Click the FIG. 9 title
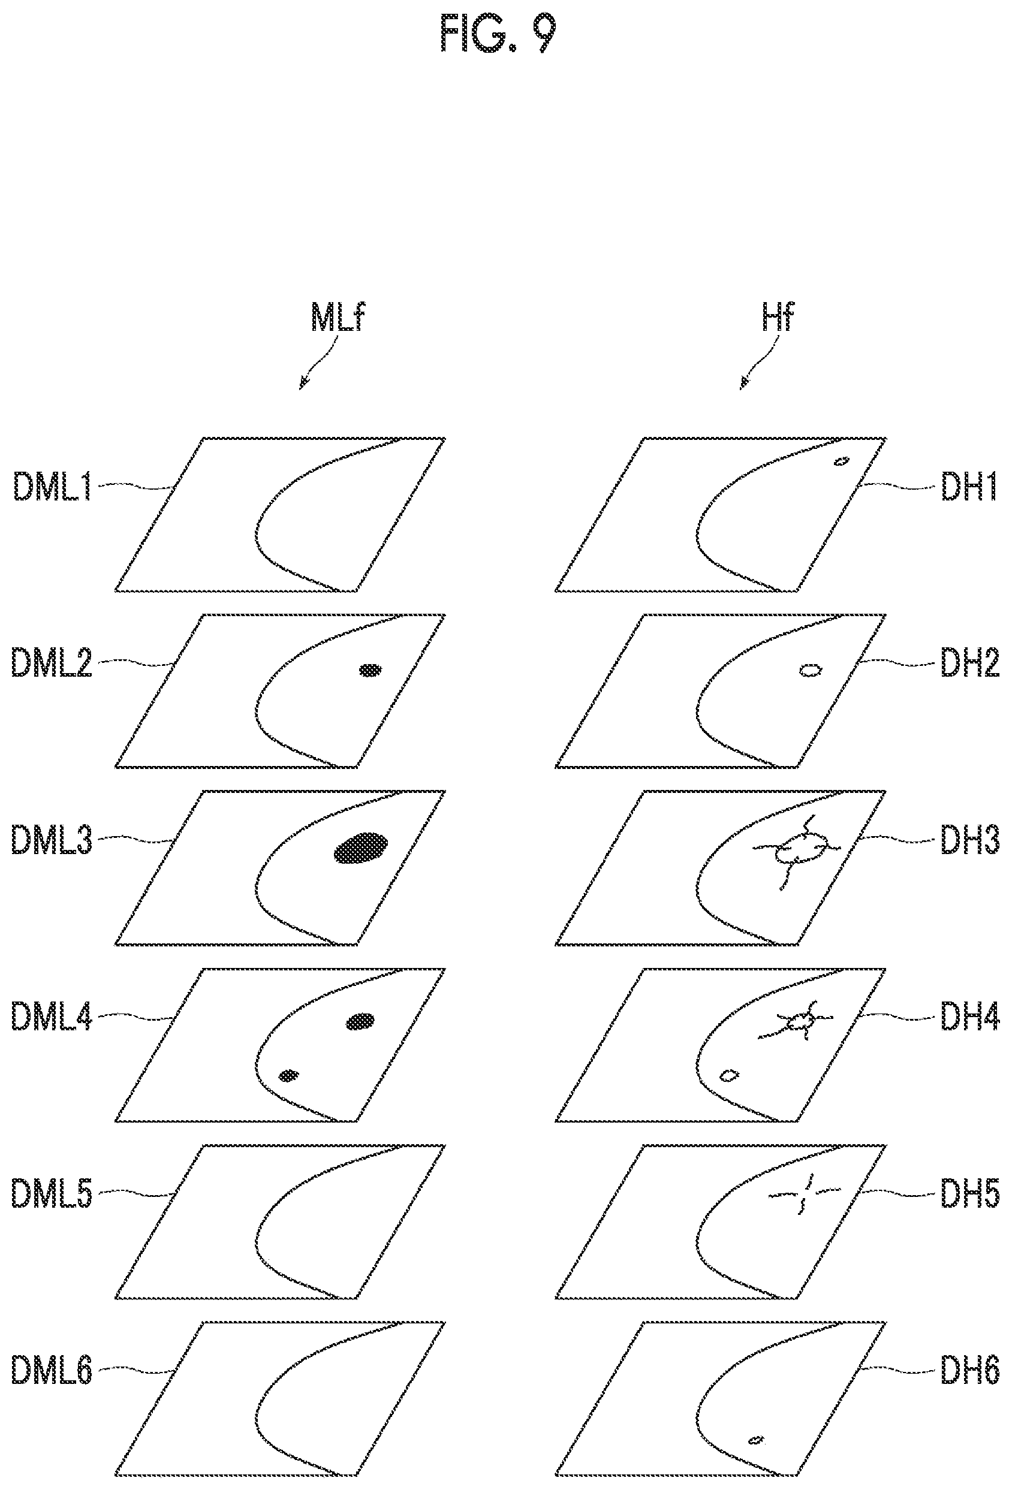(498, 34)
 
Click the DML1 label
(52, 487)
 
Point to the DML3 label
(52, 839)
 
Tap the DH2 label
(969, 663)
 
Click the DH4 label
(969, 1016)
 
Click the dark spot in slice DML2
(370, 671)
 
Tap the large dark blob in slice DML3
(361, 848)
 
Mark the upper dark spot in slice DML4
(360, 1021)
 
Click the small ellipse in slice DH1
(841, 461)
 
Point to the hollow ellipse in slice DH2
(811, 671)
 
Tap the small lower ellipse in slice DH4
(728, 1075)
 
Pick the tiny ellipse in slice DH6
(757, 1440)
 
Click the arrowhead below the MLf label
(302, 385)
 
